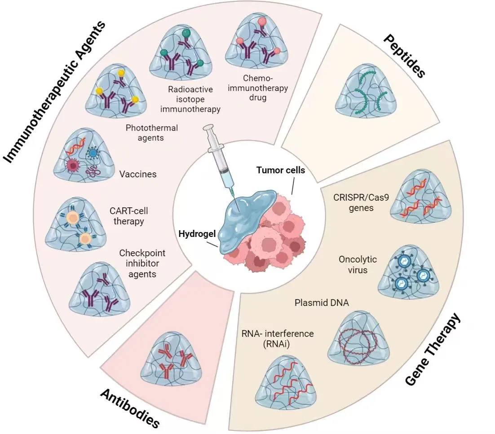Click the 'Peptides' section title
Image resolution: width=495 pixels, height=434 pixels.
coord(404,57)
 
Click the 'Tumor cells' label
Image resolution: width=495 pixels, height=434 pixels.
coord(281,171)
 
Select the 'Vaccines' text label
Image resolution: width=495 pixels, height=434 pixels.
coord(137,174)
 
